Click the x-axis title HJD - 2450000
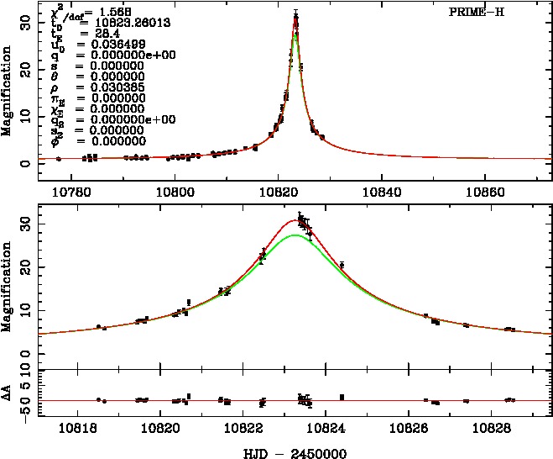click(288, 452)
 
